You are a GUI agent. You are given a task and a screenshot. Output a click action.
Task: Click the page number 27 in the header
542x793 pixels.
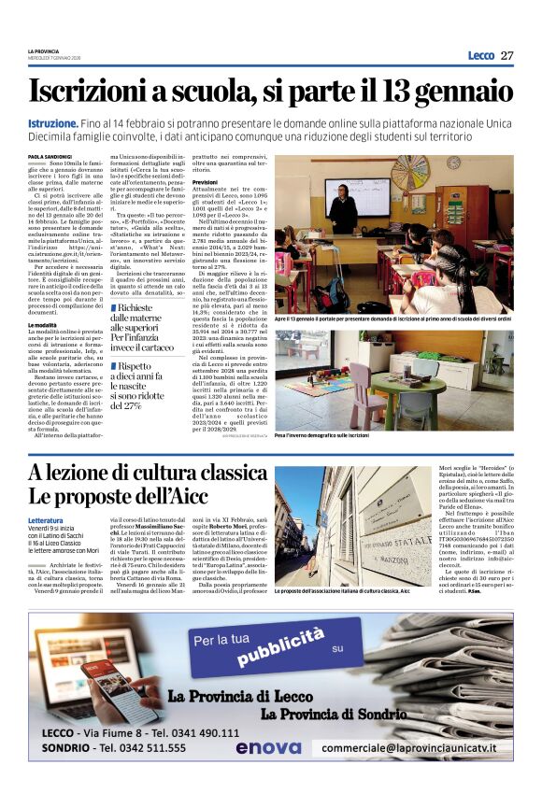point(506,55)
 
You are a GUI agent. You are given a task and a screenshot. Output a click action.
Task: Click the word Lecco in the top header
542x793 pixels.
point(480,55)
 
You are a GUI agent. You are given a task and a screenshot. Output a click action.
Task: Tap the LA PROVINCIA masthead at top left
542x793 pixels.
point(43,50)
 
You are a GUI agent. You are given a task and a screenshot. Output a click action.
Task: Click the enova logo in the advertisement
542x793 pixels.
point(268,747)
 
